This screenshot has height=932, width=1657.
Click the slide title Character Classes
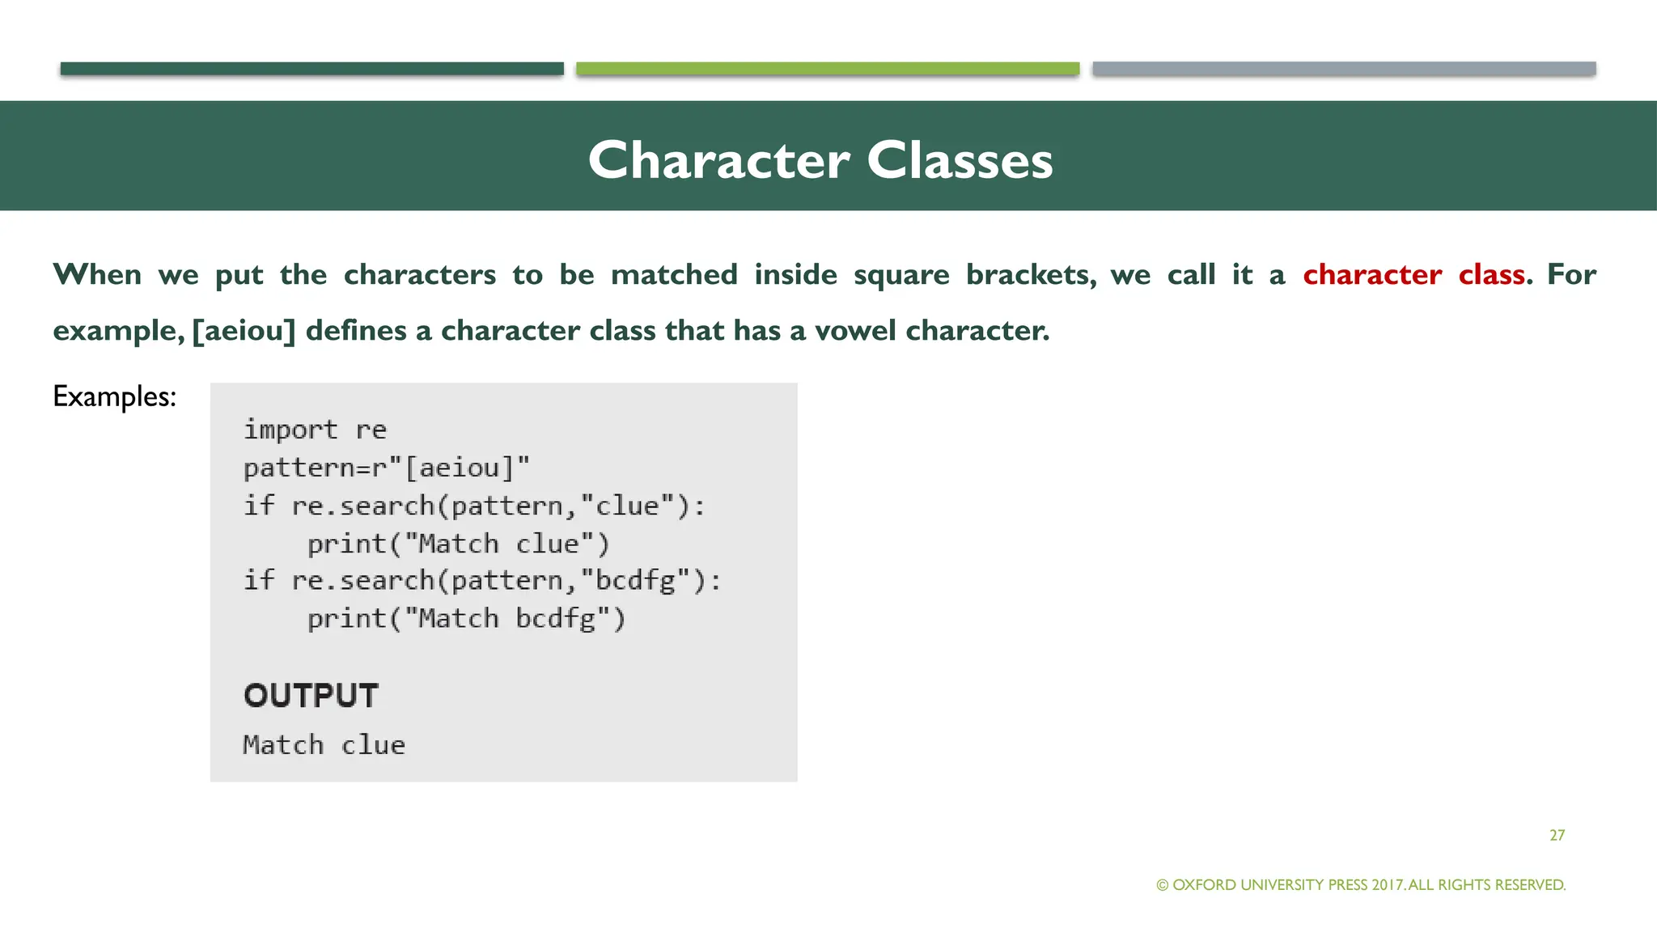820,160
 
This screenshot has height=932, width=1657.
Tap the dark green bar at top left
311,69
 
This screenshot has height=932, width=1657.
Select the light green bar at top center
827,69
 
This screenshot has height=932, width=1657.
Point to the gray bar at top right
1343,69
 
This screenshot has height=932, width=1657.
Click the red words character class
1413,275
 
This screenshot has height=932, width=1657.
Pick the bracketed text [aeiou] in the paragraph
244,331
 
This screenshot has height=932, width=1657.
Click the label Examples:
114,396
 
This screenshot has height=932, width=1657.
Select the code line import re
315,430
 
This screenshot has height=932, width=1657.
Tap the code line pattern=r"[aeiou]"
386,468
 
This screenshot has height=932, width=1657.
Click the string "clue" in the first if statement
628,506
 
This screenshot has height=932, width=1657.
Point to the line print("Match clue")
458,544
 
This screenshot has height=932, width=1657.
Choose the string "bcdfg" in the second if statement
636,581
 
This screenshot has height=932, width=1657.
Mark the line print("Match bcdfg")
466,619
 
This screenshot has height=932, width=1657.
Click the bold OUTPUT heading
311,696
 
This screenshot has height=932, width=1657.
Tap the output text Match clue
324,745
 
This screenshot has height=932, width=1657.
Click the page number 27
1557,835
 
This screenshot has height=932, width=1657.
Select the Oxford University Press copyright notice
1361,885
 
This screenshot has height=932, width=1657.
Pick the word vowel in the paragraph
854,331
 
